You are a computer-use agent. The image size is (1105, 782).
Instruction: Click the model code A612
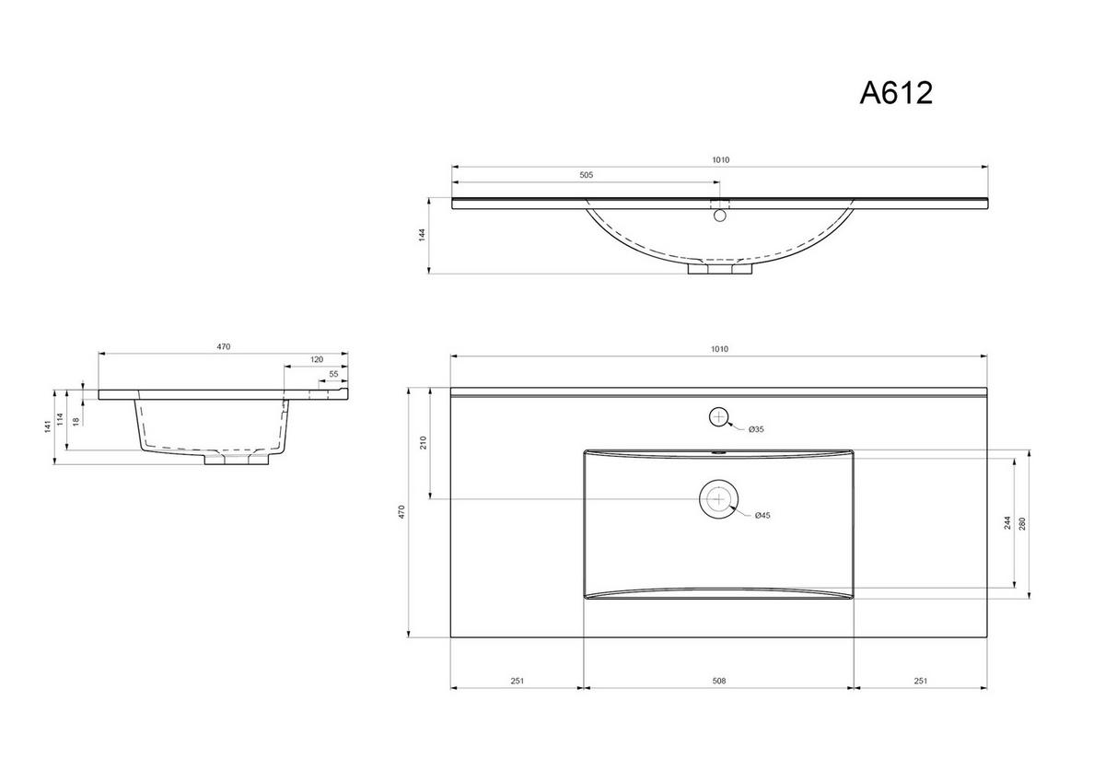895,93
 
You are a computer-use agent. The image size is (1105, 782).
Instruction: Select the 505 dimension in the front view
586,175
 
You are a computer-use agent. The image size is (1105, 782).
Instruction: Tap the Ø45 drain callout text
762,515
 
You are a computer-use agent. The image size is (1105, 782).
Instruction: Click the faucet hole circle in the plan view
719,416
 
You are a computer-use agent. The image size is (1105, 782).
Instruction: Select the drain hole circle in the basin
718,498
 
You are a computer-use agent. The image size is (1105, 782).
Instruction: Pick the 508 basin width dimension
719,682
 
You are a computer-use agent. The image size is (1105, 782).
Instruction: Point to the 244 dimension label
1008,523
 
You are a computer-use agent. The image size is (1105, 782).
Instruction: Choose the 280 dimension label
1022,523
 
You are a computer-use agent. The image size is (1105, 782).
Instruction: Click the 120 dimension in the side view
317,359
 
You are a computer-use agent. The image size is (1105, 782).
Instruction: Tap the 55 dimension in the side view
333,374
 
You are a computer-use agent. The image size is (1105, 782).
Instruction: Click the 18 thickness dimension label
76,421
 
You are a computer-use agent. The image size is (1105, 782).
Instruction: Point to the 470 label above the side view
223,346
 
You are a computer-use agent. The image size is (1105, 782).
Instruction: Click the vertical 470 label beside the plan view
401,512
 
